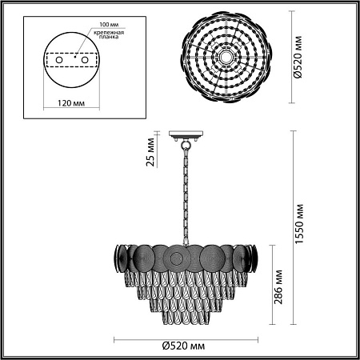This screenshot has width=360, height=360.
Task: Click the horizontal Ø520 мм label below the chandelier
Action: pyautogui.click(x=178, y=346)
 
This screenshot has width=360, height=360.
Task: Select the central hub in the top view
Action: pyautogui.click(x=226, y=58)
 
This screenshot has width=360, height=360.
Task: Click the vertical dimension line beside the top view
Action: pyautogui.click(x=287, y=58)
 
